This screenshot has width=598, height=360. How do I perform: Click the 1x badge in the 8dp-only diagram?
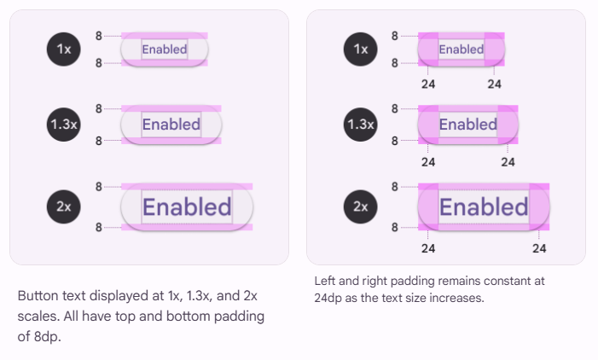click(x=64, y=49)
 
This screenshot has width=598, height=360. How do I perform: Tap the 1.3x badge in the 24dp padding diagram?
click(x=361, y=125)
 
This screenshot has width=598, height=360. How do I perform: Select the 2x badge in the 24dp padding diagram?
click(x=361, y=206)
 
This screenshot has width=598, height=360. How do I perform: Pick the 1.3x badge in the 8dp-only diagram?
click(x=64, y=125)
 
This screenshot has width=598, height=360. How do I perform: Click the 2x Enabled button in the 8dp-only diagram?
click(x=187, y=206)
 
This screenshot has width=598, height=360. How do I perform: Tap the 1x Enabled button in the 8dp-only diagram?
click(x=165, y=49)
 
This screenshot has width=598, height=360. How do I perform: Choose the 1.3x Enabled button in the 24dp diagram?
click(x=467, y=125)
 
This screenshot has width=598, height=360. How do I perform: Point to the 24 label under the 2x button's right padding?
click(x=539, y=248)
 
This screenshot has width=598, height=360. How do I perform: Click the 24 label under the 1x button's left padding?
click(x=428, y=84)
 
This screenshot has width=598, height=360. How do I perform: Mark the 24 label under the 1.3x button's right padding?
click(x=508, y=161)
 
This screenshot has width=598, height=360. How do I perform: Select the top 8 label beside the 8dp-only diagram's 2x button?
click(x=99, y=186)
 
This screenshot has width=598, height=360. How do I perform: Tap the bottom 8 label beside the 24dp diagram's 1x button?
click(x=394, y=63)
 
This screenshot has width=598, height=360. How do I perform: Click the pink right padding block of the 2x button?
click(x=539, y=207)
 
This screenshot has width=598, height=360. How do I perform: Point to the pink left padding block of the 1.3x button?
click(x=428, y=125)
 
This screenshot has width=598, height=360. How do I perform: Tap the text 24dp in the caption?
click(x=328, y=298)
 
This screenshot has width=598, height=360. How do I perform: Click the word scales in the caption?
click(x=37, y=316)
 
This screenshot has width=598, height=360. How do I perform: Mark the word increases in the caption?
click(x=461, y=298)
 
